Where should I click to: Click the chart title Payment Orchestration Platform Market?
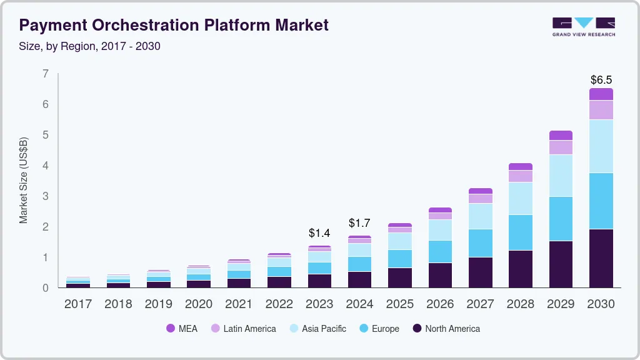[174, 26]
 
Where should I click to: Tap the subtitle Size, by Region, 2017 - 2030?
[90, 46]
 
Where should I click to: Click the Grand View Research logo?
[583, 27]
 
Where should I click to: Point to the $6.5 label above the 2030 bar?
[601, 80]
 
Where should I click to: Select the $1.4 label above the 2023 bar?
[319, 233]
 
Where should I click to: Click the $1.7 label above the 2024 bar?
[359, 223]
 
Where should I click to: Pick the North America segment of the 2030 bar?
[601, 258]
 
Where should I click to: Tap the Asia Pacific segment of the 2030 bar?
[601, 146]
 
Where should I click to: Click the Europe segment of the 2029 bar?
[561, 219]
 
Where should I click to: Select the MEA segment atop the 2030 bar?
[601, 94]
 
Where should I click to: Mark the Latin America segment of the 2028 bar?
[521, 176]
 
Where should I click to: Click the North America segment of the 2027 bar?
[480, 272]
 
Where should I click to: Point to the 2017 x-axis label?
[78, 304]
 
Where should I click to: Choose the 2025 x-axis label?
[400, 304]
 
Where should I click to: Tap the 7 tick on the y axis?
[45, 74]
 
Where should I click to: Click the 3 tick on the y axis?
[45, 196]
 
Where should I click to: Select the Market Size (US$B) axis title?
[24, 180]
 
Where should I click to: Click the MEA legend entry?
[182, 329]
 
